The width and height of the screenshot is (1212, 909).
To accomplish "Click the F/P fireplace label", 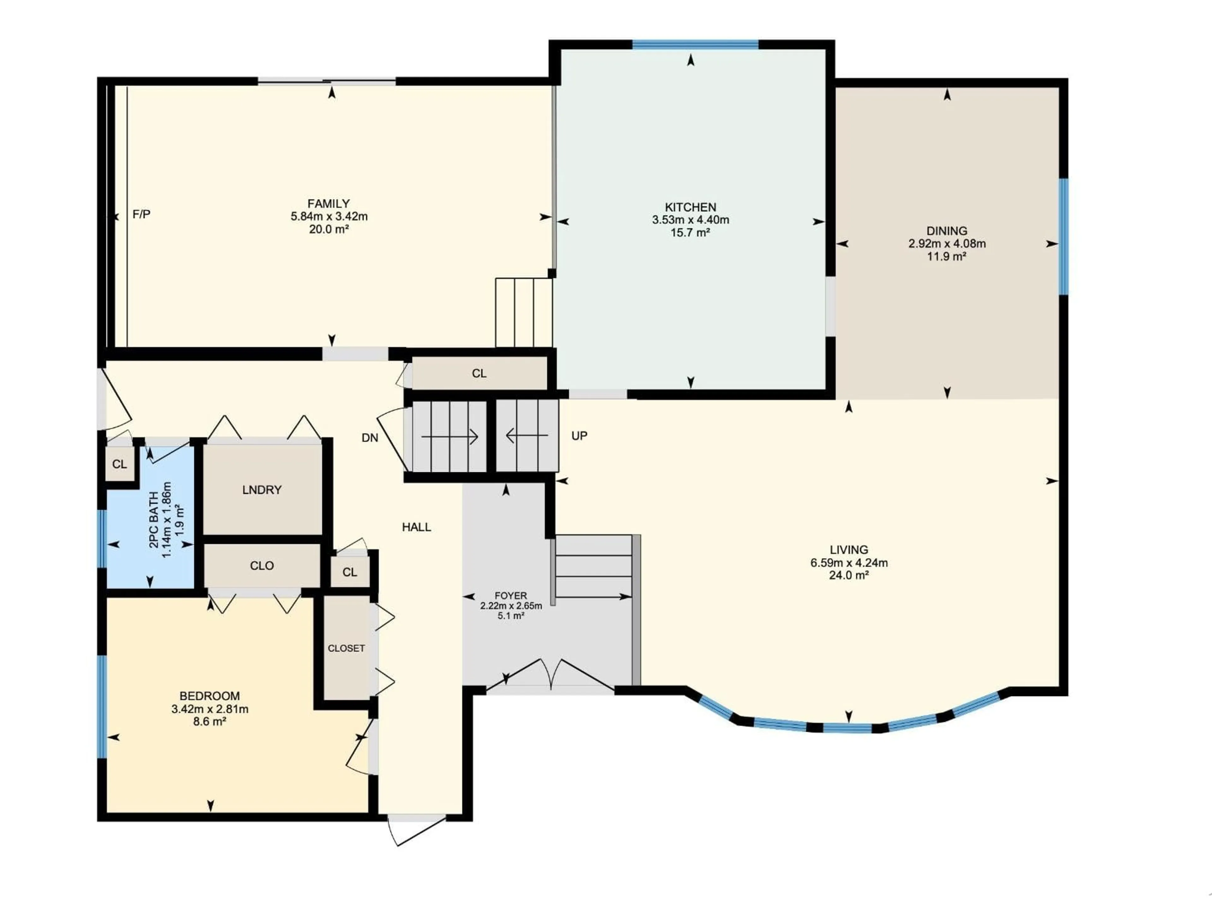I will [141, 214].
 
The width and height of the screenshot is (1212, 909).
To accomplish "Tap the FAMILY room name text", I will [328, 203].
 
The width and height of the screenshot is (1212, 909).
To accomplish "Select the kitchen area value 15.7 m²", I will [690, 232].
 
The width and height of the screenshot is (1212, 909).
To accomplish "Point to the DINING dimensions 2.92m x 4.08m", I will [947, 243].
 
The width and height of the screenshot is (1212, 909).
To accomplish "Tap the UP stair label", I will [579, 436].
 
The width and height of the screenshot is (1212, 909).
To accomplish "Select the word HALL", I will [416, 527].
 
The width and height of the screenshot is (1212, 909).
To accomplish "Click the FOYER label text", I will [511, 596].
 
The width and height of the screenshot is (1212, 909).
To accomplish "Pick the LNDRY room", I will [262, 490].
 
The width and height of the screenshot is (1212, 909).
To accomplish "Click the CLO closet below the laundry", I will [262, 566].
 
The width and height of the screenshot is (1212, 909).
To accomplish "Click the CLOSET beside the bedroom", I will [346, 648].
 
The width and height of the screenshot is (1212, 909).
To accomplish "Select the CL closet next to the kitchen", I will [479, 373].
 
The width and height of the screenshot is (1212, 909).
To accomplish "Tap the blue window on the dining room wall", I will [1063, 237].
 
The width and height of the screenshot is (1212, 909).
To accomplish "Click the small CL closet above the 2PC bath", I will [119, 464].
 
